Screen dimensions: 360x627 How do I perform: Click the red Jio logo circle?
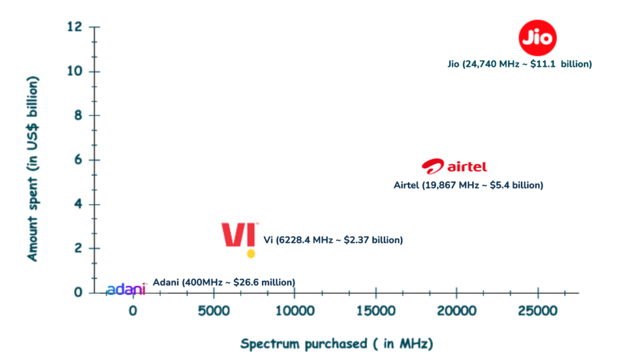pos(538,38)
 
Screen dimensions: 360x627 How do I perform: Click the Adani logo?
pos(126,289)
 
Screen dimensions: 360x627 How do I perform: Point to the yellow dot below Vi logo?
pos(250,253)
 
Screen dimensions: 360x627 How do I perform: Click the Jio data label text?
pos(520,64)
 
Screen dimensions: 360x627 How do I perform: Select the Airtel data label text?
pos(468,185)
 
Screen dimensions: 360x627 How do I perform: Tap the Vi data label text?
pos(332,240)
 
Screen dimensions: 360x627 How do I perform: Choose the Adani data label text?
pos(223,282)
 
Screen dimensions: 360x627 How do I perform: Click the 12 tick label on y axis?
pos(75,27)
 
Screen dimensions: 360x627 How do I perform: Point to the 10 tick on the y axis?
pos(75,72)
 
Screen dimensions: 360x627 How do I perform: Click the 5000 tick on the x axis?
pos(214,310)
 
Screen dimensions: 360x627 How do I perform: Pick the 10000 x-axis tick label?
pos(294,310)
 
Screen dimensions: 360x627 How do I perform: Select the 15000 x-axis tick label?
pos(375,310)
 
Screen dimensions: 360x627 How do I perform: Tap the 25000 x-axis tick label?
pos(537,310)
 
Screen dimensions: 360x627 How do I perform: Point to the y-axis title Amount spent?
pos(32,168)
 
